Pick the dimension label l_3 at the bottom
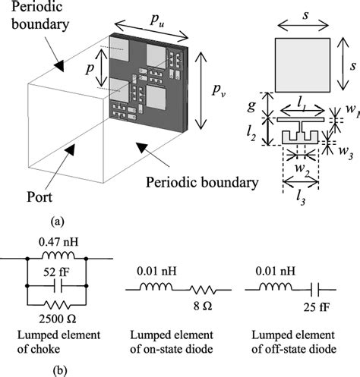click(302, 200)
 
